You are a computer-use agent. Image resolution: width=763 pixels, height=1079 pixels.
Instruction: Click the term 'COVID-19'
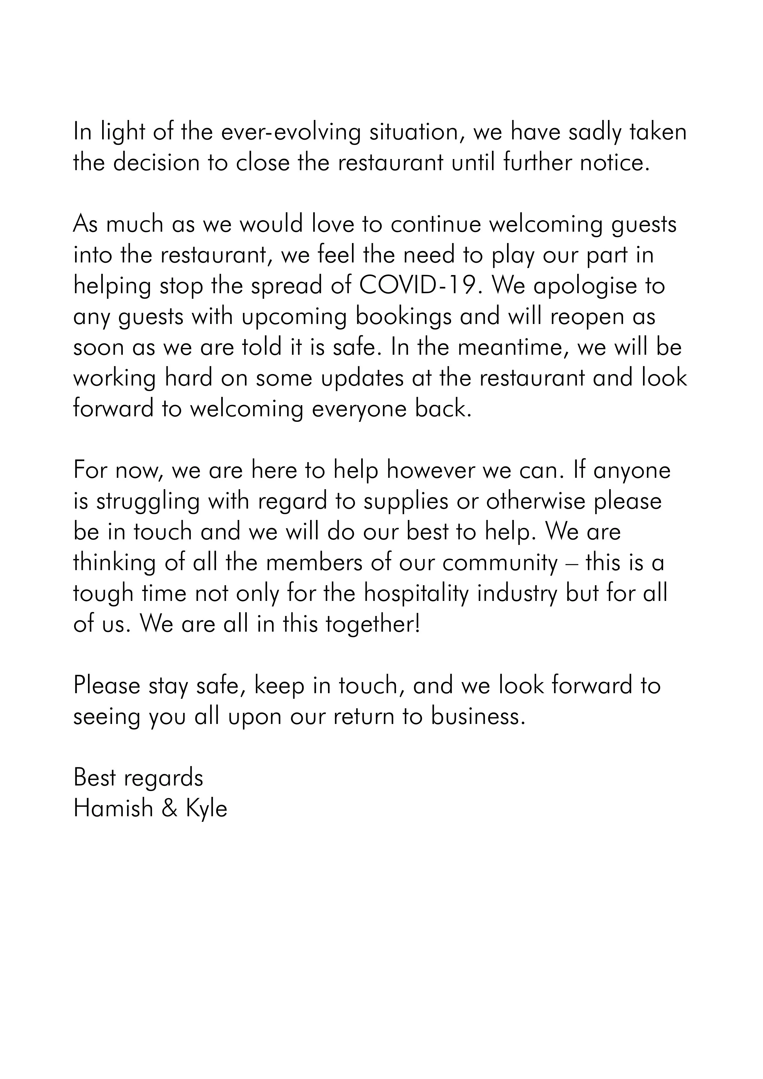point(421,286)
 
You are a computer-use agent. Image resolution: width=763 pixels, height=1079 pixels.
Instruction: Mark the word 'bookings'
point(404,317)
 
